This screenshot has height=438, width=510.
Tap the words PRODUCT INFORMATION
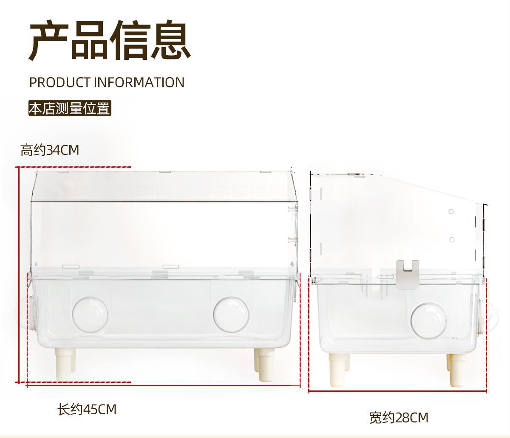(107, 82)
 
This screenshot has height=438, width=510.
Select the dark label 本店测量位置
(69, 108)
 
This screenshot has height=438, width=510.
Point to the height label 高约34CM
(50, 150)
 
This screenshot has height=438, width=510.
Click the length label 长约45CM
(87, 409)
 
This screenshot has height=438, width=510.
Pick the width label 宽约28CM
(398, 418)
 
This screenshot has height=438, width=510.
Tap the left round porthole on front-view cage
(90, 314)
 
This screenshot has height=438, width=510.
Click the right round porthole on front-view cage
(231, 314)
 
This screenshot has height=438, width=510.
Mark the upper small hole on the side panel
(451, 211)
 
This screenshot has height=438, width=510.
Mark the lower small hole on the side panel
(452, 239)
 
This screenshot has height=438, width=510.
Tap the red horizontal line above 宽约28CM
(398, 391)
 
